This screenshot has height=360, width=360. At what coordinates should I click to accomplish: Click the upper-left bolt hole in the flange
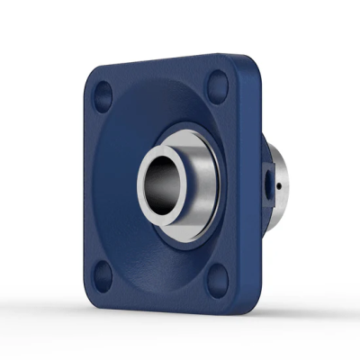[x=102, y=93]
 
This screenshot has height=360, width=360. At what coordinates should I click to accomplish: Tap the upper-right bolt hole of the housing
[x=216, y=87]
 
